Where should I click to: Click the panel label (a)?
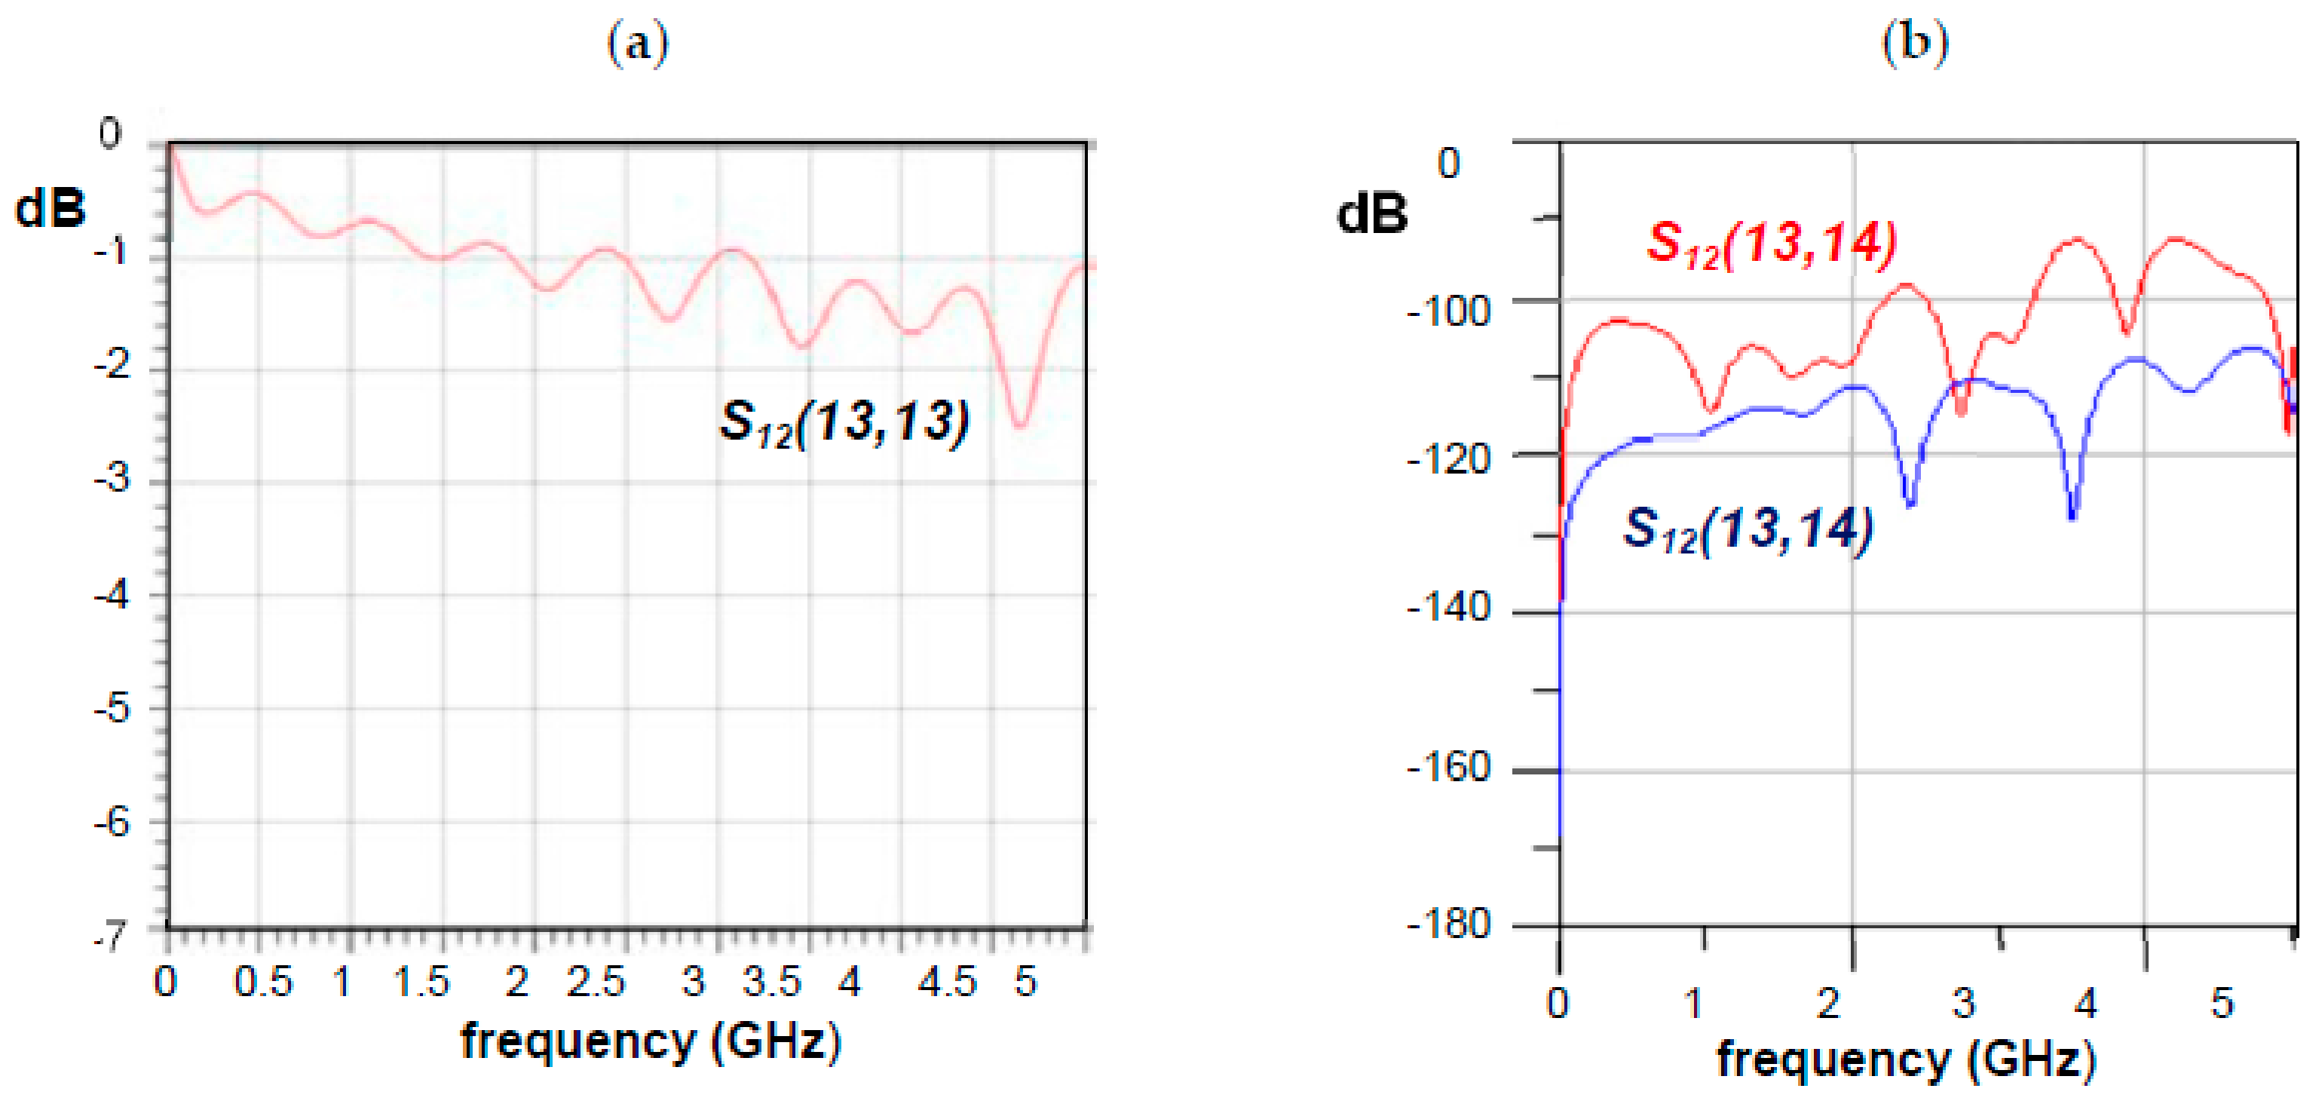point(637,43)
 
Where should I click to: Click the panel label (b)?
point(1915,41)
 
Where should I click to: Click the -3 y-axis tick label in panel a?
point(112,479)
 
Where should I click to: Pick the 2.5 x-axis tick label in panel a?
point(596,982)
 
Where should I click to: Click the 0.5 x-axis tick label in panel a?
point(263,982)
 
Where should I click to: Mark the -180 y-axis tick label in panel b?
point(1448,924)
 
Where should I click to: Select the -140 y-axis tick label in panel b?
point(1448,609)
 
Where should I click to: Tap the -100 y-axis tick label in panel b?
point(1448,312)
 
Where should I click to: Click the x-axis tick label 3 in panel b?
point(1964,1003)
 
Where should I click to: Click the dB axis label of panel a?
point(51,208)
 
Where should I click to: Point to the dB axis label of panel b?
point(1372,215)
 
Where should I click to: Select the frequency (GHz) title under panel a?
point(651,1042)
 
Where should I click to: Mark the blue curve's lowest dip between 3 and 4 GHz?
point(2073,517)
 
